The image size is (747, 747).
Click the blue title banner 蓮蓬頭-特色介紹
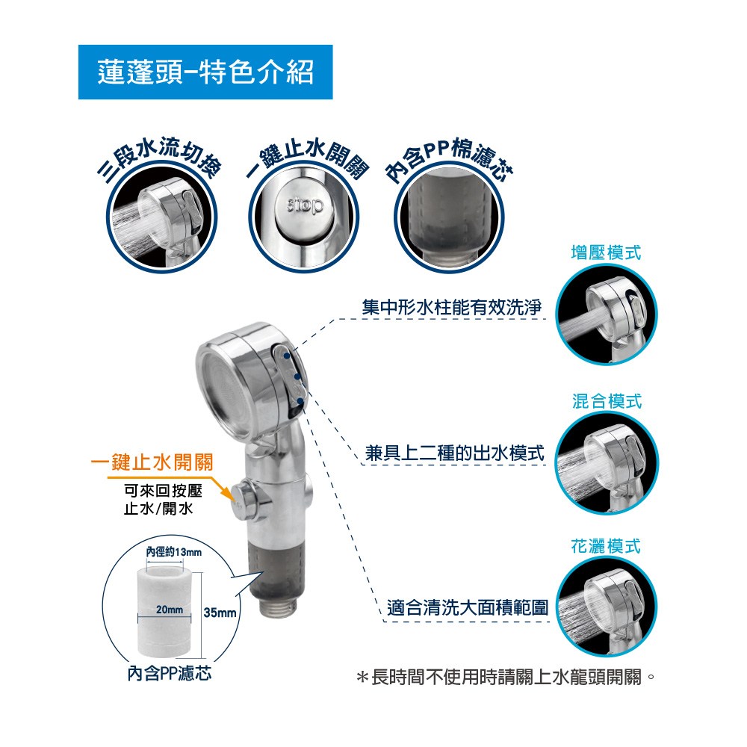pyautogui.click(x=205, y=72)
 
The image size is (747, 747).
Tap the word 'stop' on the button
pyautogui.click(x=305, y=205)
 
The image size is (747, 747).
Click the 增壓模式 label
pyautogui.click(x=606, y=252)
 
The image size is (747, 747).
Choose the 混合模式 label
pyautogui.click(x=607, y=401)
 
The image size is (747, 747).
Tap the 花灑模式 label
pyautogui.click(x=606, y=546)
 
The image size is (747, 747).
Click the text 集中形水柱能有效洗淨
pyautogui.click(x=452, y=307)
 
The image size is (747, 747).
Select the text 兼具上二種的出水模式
pyautogui.click(x=454, y=453)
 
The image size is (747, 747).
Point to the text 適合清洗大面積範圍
pyautogui.click(x=468, y=608)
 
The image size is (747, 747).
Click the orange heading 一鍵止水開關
pyautogui.click(x=152, y=462)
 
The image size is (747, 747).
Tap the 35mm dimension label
pyautogui.click(x=220, y=613)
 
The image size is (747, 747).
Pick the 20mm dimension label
pyautogui.click(x=170, y=610)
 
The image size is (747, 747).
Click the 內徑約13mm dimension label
pyautogui.click(x=174, y=552)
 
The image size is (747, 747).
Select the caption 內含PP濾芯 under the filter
pyautogui.click(x=169, y=674)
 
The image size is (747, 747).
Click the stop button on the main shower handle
pyautogui.click(x=244, y=500)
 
